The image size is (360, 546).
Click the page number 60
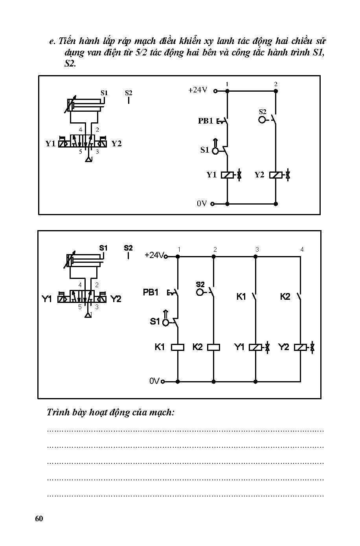coord(39,518)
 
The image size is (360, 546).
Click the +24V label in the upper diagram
coord(198,90)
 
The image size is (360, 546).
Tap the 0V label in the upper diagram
coord(202,203)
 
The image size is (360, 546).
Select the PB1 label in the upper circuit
coord(205,121)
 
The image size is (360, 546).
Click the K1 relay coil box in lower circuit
coord(178,347)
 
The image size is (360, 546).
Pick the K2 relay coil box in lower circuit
coord(213,347)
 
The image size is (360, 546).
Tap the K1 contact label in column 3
coord(241,297)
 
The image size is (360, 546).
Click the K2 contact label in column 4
coord(285,297)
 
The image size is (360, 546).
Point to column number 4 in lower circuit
coord(302,249)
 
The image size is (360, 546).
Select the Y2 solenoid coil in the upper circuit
coord(276,175)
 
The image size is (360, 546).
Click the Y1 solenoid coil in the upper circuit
coord(227,175)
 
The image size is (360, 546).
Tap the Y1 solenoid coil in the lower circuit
coord(255,347)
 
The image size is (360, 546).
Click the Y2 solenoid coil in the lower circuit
coord(300,347)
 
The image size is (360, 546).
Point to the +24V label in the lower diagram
coord(154,255)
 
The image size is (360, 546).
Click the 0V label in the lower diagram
coord(154,381)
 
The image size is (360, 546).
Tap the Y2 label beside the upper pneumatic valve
coord(116,144)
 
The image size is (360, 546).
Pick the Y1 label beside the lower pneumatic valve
coord(47,299)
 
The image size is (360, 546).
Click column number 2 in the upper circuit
coord(276,84)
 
